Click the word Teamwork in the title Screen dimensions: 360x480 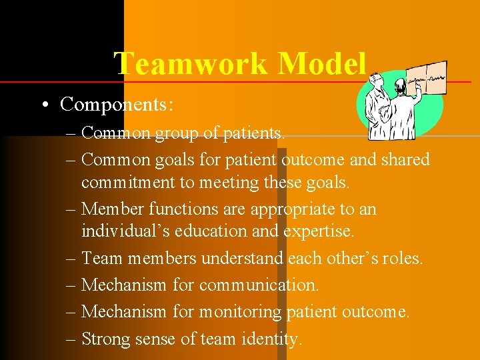[191, 64]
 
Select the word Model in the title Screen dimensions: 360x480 [322, 64]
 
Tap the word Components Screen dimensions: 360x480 [115, 104]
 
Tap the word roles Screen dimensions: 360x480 [401, 258]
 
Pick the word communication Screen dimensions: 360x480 [259, 285]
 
